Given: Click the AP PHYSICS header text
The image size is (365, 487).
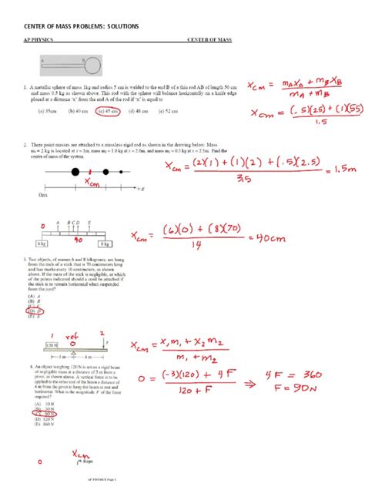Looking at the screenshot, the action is [x=42, y=40].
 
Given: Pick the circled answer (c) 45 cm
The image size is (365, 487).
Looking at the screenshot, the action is [x=108, y=110].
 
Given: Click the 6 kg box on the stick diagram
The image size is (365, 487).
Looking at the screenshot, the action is [x=42, y=242].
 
